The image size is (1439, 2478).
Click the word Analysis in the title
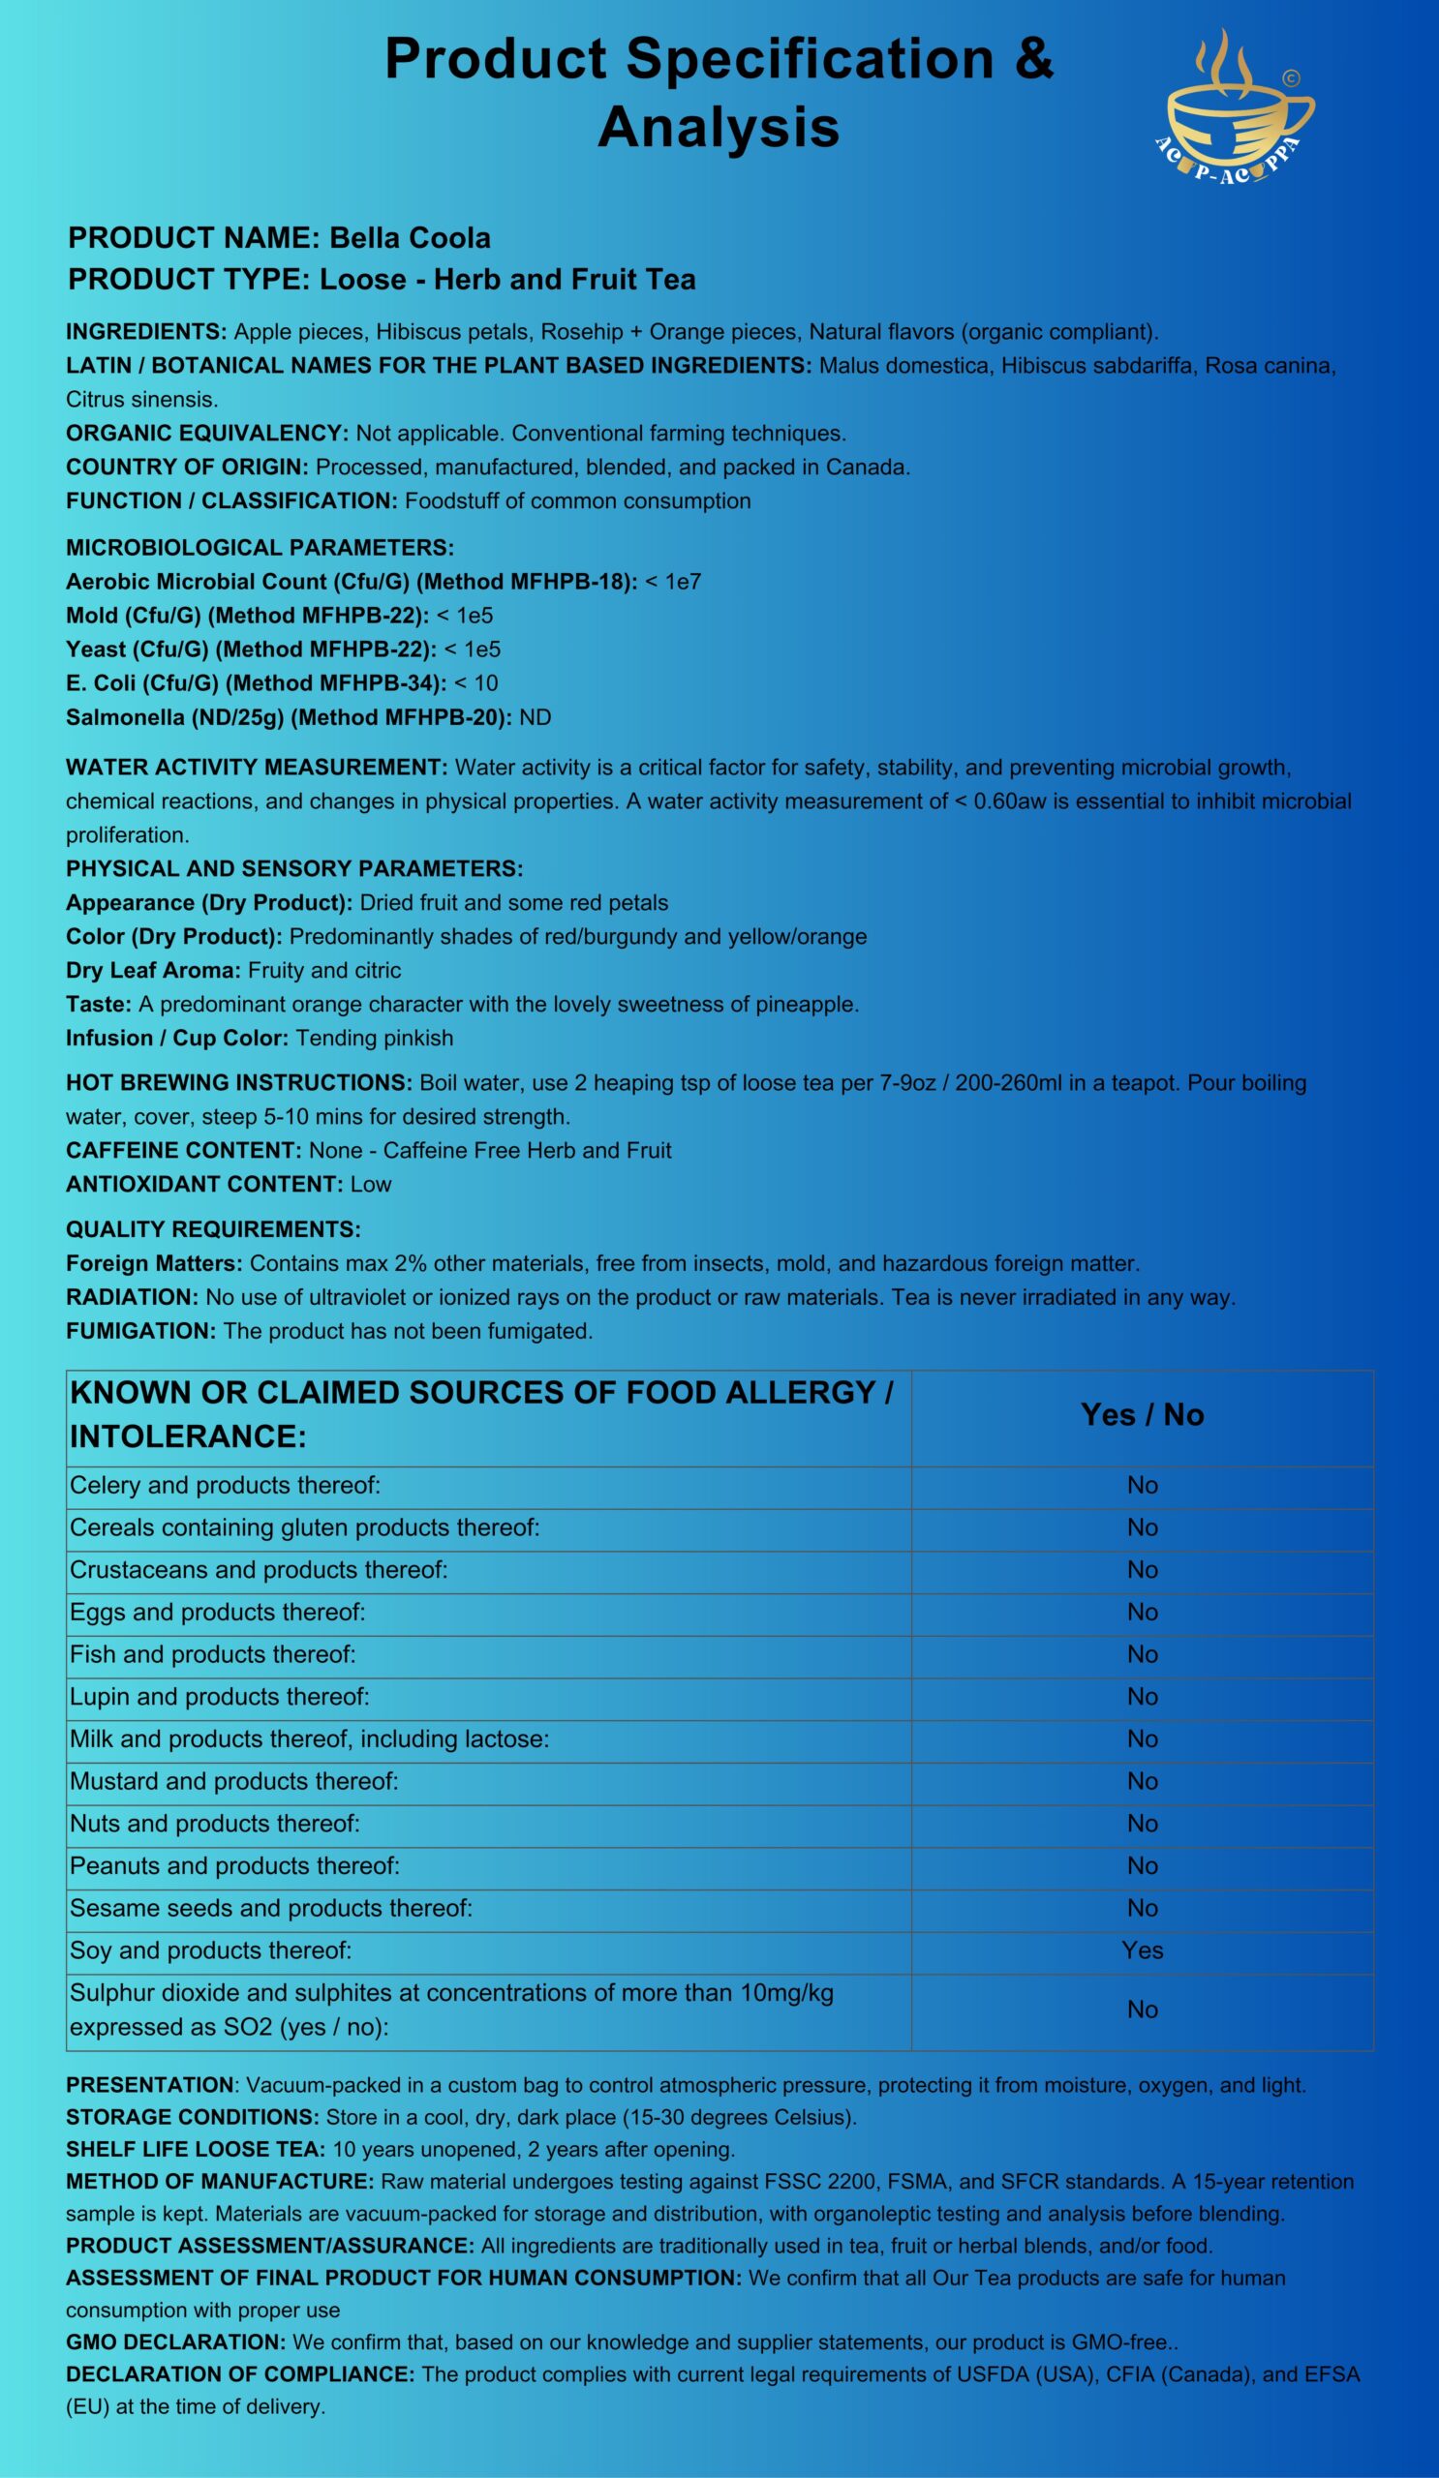pos(718,128)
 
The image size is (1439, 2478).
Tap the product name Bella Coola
pos(410,238)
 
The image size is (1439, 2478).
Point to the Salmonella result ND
pos(536,717)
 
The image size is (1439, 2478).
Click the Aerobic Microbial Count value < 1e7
pos(673,581)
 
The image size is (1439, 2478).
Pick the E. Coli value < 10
pos(476,682)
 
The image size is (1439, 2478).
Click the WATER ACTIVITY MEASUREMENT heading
pos(257,767)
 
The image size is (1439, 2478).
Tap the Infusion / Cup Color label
pos(177,1038)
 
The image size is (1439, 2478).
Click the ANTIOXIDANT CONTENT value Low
pos(371,1184)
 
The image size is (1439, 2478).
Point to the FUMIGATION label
pos(140,1330)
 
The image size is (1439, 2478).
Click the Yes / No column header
pos(1142,1414)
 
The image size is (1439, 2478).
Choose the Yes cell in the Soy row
pos(1142,1949)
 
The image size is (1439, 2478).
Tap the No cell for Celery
pos(1142,1485)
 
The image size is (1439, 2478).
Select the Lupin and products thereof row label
pos(220,1696)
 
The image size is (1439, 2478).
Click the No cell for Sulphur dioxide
pos(1142,2009)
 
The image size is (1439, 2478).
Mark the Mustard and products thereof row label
pos(234,1781)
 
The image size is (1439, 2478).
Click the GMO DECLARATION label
pos(175,2342)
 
